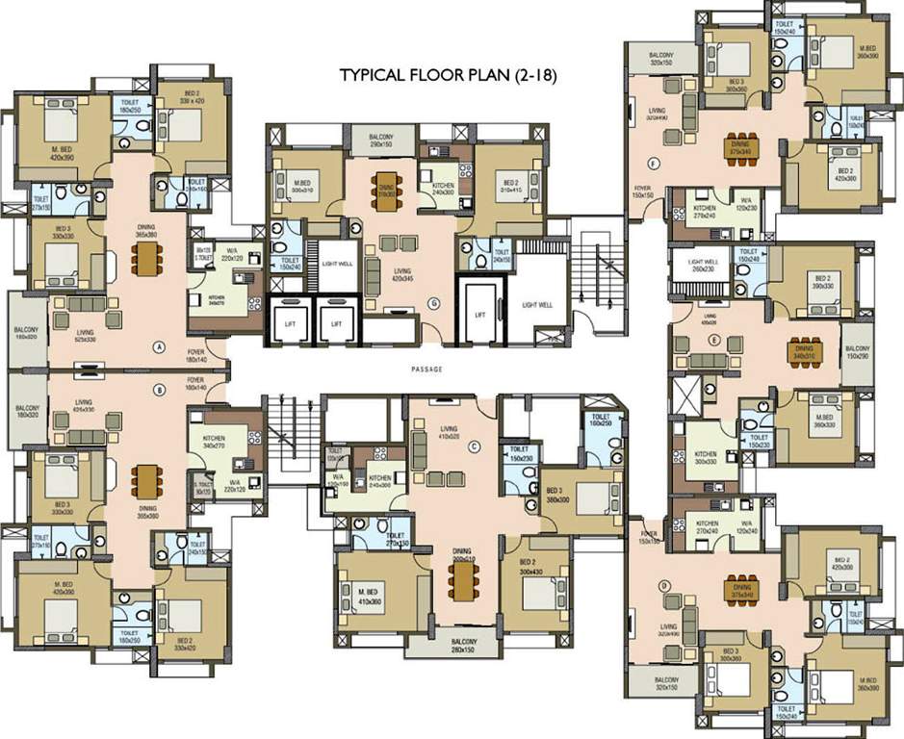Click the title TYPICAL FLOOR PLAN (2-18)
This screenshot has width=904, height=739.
(449, 74)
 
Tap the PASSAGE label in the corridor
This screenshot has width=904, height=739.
(426, 369)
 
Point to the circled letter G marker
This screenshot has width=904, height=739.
(434, 304)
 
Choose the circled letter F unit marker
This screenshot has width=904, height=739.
(654, 162)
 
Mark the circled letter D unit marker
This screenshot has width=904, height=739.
(663, 583)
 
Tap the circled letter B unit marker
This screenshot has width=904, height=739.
(160, 391)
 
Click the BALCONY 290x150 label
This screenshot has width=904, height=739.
(382, 141)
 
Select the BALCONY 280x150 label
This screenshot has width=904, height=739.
(464, 645)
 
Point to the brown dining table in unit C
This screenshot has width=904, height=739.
(464, 577)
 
